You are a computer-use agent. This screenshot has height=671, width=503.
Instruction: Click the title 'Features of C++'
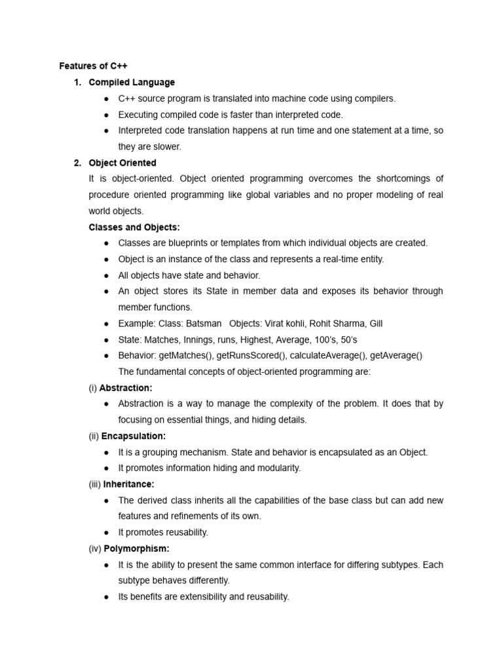tap(93, 66)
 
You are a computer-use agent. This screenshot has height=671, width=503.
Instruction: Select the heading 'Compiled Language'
tap(132, 83)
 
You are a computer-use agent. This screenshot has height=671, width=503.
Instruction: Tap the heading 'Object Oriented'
tap(122, 163)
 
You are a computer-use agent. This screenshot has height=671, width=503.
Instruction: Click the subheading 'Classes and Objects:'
tap(134, 227)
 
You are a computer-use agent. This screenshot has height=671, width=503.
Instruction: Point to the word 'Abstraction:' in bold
tap(126, 388)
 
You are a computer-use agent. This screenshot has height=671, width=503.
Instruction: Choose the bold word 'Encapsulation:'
tap(134, 436)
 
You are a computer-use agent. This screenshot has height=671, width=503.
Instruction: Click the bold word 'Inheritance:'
tap(129, 484)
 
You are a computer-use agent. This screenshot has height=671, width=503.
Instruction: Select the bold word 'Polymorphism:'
tap(137, 548)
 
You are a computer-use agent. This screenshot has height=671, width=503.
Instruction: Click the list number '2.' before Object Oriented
tap(77, 163)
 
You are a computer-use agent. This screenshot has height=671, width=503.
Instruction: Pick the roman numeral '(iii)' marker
tap(94, 484)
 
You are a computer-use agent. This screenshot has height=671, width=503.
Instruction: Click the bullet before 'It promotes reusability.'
tap(106, 533)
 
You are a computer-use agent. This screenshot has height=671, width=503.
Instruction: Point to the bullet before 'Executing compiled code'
tap(106, 115)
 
